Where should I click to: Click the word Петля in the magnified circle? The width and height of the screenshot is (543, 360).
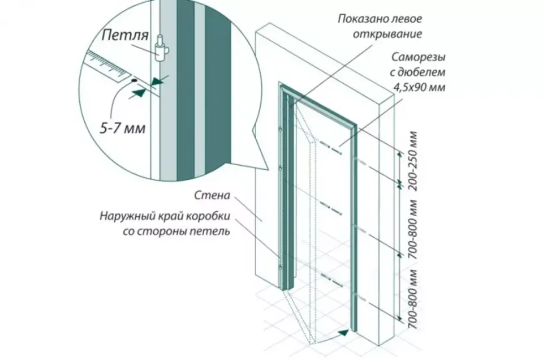pyautogui.click(x=125, y=35)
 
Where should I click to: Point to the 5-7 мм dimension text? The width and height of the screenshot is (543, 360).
pyautogui.click(x=123, y=128)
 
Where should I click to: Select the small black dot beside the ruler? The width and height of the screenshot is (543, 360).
pyautogui.click(x=133, y=80)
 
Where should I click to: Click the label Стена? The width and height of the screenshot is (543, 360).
pyautogui.click(x=212, y=195)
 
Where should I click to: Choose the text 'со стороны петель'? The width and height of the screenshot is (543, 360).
pyautogui.click(x=176, y=231)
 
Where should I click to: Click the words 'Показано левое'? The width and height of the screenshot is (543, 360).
pyautogui.click(x=380, y=19)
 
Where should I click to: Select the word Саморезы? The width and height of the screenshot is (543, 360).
pyautogui.click(x=419, y=57)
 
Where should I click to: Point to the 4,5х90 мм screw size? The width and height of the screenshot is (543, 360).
pyautogui.click(x=419, y=87)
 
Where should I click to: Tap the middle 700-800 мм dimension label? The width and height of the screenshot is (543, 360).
pyautogui.click(x=413, y=229)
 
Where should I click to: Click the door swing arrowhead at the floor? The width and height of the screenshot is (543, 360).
pyautogui.click(x=343, y=333)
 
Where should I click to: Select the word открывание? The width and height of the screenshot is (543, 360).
pyautogui.click(x=387, y=35)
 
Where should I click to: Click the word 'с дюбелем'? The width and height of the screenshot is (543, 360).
pyautogui.click(x=417, y=72)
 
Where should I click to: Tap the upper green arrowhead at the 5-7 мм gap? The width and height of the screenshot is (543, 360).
pyautogui.click(x=158, y=82)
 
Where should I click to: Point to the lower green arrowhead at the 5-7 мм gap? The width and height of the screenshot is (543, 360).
pyautogui.click(x=139, y=93)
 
